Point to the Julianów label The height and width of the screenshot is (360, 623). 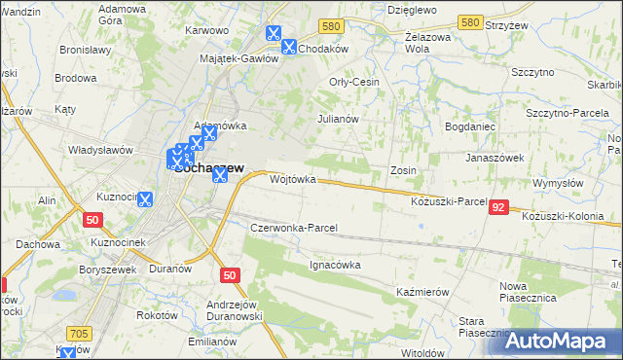point(339,119)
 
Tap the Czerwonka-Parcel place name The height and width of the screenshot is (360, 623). point(294,228)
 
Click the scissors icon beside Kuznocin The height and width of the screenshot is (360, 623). point(145,199)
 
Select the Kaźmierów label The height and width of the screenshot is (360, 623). point(422,292)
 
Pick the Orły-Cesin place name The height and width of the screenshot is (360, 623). point(354,82)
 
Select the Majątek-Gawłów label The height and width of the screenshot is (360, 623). point(238,58)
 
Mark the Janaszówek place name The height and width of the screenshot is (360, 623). point(495,157)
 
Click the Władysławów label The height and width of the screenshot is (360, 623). point(99,150)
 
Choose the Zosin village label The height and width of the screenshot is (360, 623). point(404,170)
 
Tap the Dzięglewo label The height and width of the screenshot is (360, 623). point(411,9)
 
